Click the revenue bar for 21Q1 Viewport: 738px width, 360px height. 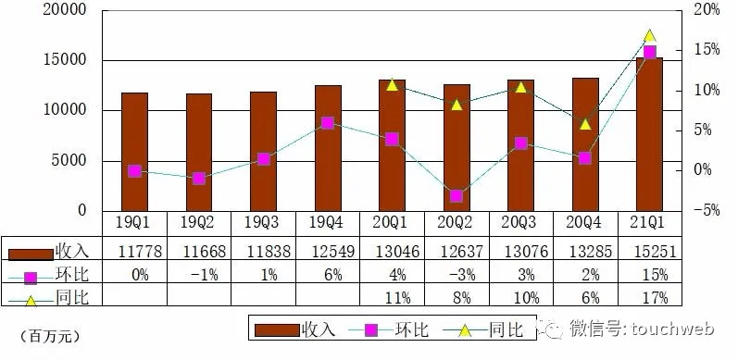pyautogui.click(x=649, y=134)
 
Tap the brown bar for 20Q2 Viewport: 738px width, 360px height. pyautogui.click(x=457, y=148)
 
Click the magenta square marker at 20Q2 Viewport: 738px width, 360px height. pyautogui.click(x=457, y=196)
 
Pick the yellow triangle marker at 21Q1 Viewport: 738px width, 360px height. pyautogui.click(x=649, y=35)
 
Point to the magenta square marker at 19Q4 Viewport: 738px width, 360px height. pyautogui.click(x=328, y=123)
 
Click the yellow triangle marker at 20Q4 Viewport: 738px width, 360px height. pyautogui.click(x=585, y=124)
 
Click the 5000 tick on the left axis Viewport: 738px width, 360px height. pyautogui.click(x=68, y=161)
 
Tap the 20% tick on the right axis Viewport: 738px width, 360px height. pyautogui.click(x=707, y=11)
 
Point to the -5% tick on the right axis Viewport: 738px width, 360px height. pyautogui.click(x=707, y=211)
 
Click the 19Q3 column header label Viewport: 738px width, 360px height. pyautogui.click(x=263, y=224)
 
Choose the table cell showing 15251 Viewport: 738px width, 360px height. pyautogui.click(x=649, y=250)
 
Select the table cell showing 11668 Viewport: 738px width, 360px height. pyautogui.click(x=199, y=250)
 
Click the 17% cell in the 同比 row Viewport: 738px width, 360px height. pyautogui.click(x=649, y=297)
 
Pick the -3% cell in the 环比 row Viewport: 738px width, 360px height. pyautogui.click(x=457, y=274)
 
